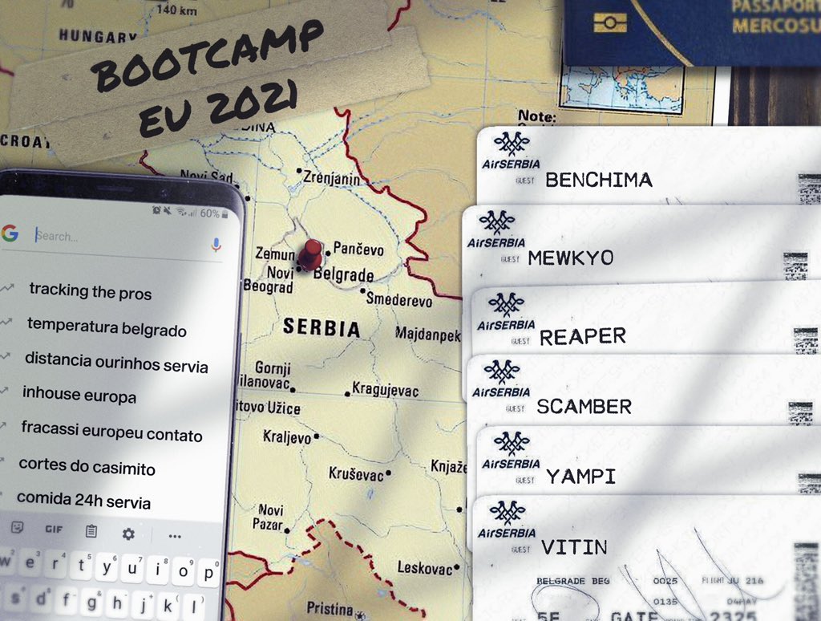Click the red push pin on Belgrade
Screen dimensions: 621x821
(309, 256)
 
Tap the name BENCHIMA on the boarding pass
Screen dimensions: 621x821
(598, 181)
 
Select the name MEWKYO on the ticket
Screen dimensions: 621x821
(571, 258)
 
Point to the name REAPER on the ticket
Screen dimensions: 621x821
(583, 337)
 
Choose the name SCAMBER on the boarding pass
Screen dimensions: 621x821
(584, 407)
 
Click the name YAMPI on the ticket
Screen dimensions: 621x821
(580, 477)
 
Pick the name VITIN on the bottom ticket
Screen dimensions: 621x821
(574, 548)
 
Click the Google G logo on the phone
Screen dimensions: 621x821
(10, 233)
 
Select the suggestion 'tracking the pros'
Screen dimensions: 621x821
(90, 291)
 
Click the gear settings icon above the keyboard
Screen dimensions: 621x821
(128, 534)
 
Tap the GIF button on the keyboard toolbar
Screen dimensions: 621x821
(54, 530)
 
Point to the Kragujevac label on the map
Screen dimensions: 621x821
(386, 389)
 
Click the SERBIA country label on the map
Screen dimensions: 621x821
(321, 328)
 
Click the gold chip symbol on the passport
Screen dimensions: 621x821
(610, 22)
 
